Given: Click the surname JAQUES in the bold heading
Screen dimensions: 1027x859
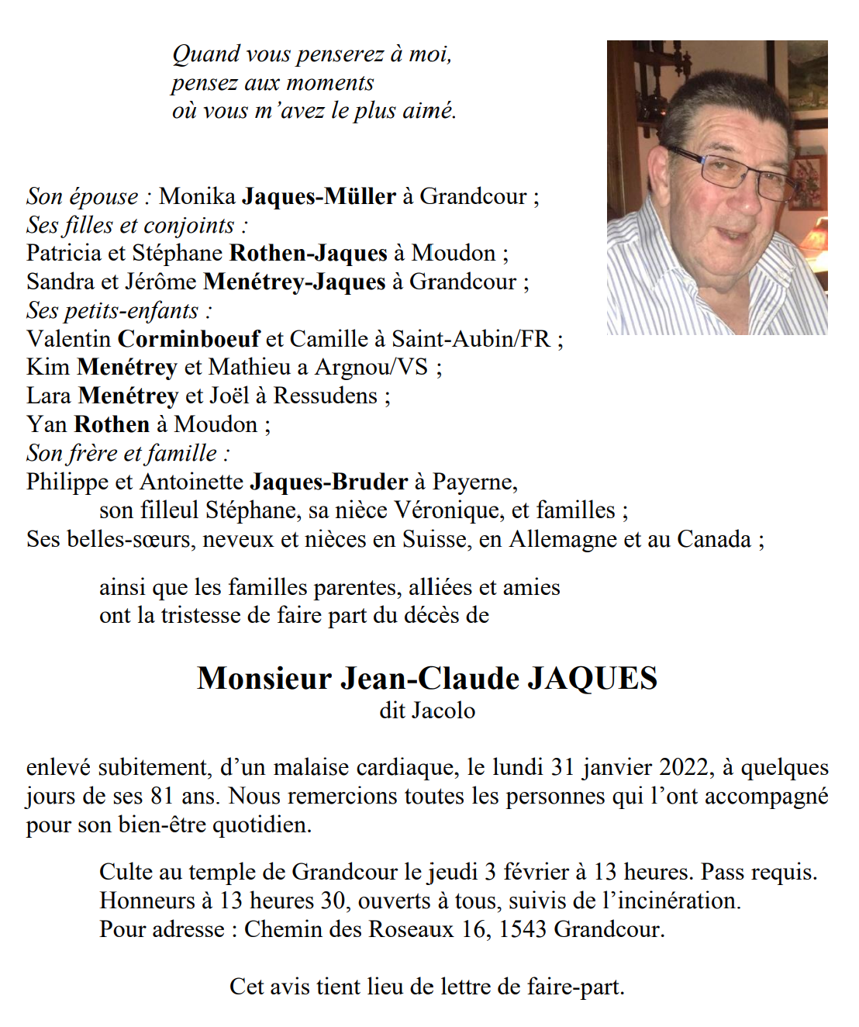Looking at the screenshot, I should (592, 678).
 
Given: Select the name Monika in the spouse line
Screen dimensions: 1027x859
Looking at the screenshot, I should (197, 196).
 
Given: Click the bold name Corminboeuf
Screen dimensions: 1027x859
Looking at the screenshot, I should (188, 339).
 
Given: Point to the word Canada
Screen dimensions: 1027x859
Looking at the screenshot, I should (714, 539).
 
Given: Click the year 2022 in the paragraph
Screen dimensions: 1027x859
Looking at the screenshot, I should (683, 767).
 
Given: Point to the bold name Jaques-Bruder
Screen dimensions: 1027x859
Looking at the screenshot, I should (329, 482).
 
